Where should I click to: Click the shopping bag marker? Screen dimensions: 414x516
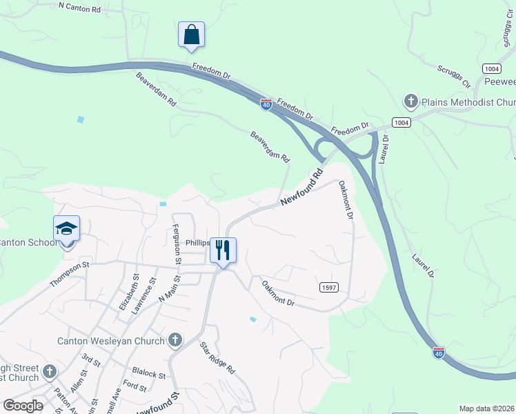pos(191,34)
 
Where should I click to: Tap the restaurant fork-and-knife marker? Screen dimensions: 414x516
pos(222,250)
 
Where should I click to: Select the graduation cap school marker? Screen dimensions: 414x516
pos(67,228)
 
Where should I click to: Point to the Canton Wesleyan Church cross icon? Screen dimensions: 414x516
pos(175,340)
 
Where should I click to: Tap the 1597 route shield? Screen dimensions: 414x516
pos(328,287)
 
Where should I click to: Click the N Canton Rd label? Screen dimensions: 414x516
pos(79,8)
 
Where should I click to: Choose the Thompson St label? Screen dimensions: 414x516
pos(70,273)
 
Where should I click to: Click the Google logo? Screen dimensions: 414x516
pos(23,406)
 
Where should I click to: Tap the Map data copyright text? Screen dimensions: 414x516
pos(487,408)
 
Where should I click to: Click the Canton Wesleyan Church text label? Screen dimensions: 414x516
pos(110,340)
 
